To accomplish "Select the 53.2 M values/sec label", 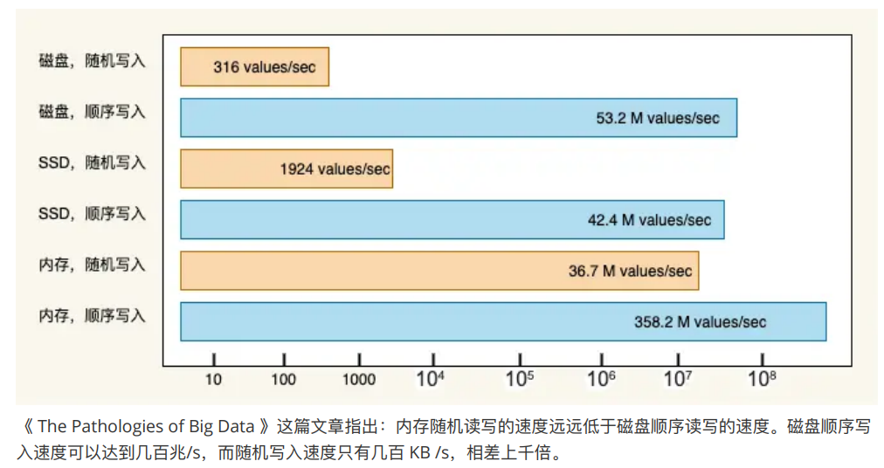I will [x=658, y=118].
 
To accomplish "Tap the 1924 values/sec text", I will [x=335, y=169].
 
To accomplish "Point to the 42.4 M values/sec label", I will [x=649, y=220].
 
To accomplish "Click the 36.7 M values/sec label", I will [x=630, y=271].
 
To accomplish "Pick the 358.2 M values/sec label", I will [x=700, y=321].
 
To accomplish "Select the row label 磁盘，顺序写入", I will [x=92, y=112].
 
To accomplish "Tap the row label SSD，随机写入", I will [x=92, y=162].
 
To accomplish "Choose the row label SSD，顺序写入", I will [x=92, y=213].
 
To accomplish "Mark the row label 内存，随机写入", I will [x=92, y=264].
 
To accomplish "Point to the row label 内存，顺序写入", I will [x=92, y=315].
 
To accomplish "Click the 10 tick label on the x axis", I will [x=213, y=379].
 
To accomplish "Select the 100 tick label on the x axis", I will [x=284, y=379].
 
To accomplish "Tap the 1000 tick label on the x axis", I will [x=358, y=379].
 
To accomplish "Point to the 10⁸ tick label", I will [x=762, y=377].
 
